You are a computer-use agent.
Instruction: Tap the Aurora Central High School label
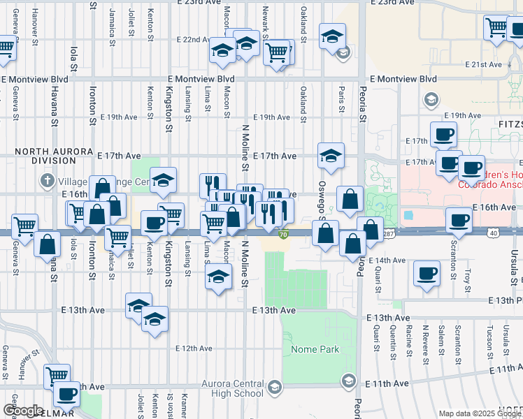(233, 388)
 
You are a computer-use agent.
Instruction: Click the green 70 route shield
(283, 235)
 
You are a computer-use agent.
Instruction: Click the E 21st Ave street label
(484, 64)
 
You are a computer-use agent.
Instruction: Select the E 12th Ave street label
(194, 348)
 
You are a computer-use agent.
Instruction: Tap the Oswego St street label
(322, 199)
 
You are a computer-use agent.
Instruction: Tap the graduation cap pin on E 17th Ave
(331, 154)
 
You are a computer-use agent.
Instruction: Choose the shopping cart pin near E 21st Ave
(496, 28)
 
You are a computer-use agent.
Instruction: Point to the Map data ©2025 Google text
(480, 413)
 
